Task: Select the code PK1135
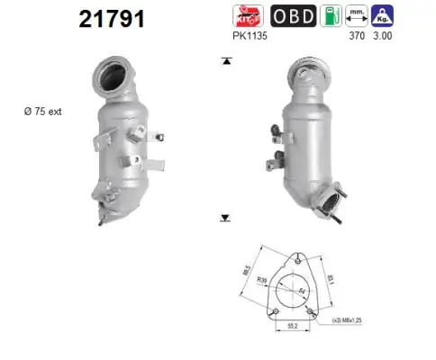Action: (x=248, y=39)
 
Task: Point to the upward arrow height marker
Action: (x=224, y=61)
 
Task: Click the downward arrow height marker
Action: (x=224, y=218)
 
